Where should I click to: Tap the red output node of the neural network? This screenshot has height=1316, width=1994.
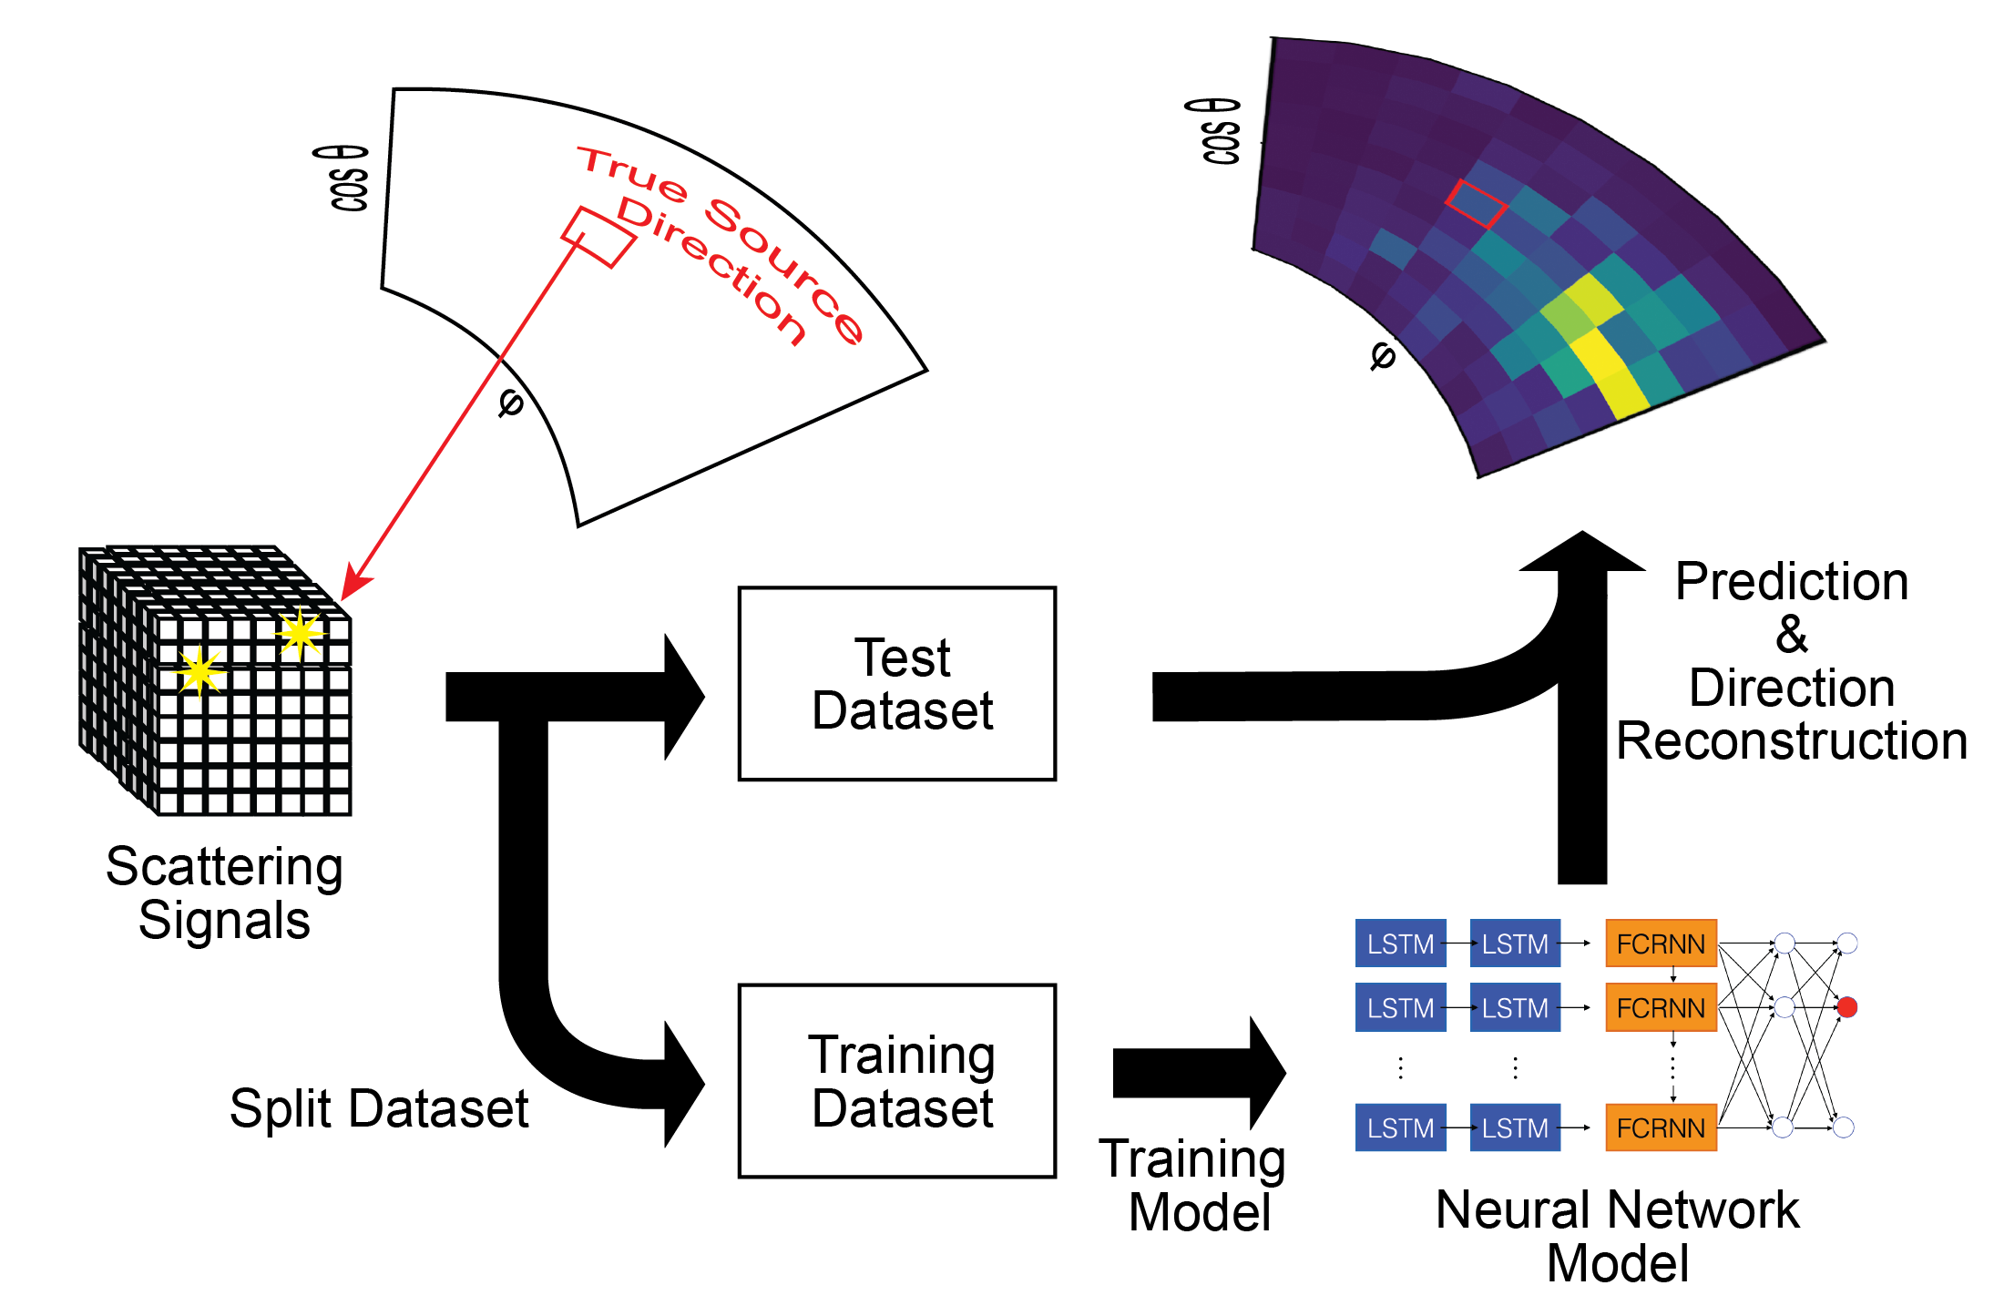(x=1846, y=1007)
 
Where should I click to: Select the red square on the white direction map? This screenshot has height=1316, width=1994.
(x=598, y=238)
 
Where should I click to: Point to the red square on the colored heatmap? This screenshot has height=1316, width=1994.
(x=1476, y=203)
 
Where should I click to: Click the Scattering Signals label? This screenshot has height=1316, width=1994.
(x=224, y=893)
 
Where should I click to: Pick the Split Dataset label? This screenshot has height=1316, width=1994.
(x=379, y=1108)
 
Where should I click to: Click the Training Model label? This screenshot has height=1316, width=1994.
(x=1193, y=1185)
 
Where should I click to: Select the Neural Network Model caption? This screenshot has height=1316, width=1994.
(x=1617, y=1236)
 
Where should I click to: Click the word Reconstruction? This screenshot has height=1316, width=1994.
(x=1792, y=740)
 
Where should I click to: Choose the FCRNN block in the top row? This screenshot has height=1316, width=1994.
(x=1661, y=944)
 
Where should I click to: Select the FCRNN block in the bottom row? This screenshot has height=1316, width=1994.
(x=1661, y=1127)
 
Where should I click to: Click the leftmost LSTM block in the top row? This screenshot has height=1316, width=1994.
(x=1400, y=944)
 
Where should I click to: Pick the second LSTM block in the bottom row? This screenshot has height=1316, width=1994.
(x=1515, y=1127)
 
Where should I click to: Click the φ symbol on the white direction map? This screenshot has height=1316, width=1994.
(x=510, y=403)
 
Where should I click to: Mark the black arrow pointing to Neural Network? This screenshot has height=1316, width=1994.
(x=1200, y=1073)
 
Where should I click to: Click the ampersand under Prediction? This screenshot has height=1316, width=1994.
(x=1792, y=634)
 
